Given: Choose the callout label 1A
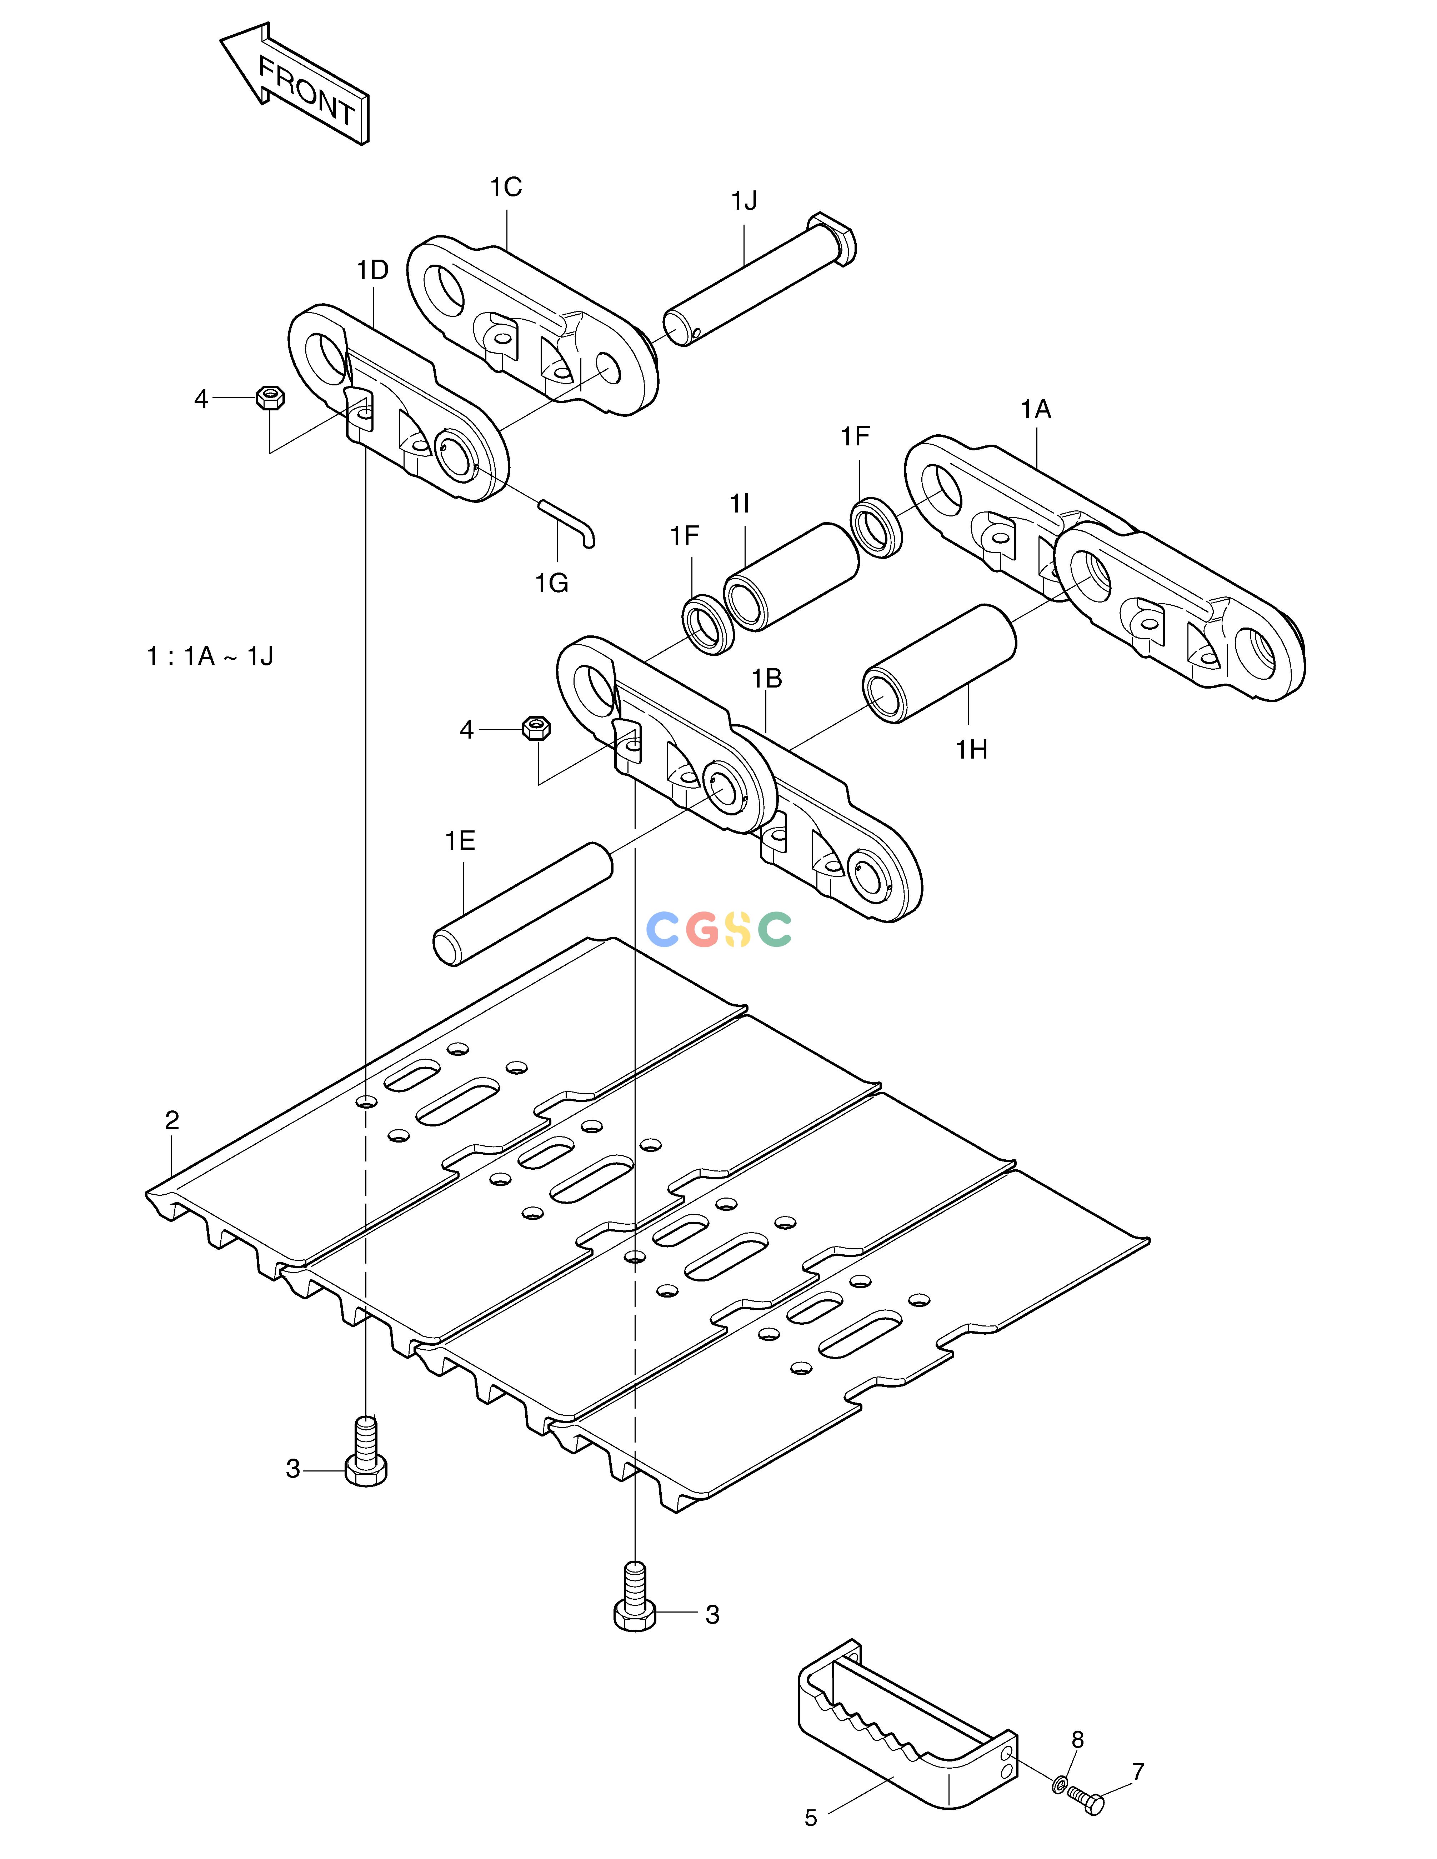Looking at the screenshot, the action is (x=1036, y=410).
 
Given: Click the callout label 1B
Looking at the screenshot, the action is (x=766, y=678).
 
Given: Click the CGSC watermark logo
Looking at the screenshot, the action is (x=719, y=929).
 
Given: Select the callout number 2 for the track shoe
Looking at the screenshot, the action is (x=172, y=1121).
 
